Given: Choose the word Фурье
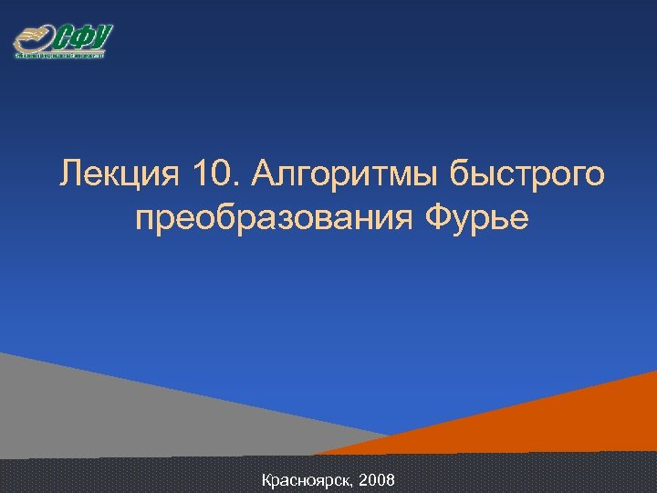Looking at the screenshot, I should [476, 219].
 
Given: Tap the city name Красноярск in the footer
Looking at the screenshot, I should [307, 478].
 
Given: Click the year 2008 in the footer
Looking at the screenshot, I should [379, 478].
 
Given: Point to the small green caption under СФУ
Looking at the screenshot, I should [60, 55].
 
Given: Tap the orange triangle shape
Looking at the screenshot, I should [547, 420].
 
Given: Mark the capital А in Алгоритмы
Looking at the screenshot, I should [271, 173].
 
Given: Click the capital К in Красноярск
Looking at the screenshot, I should [266, 478].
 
